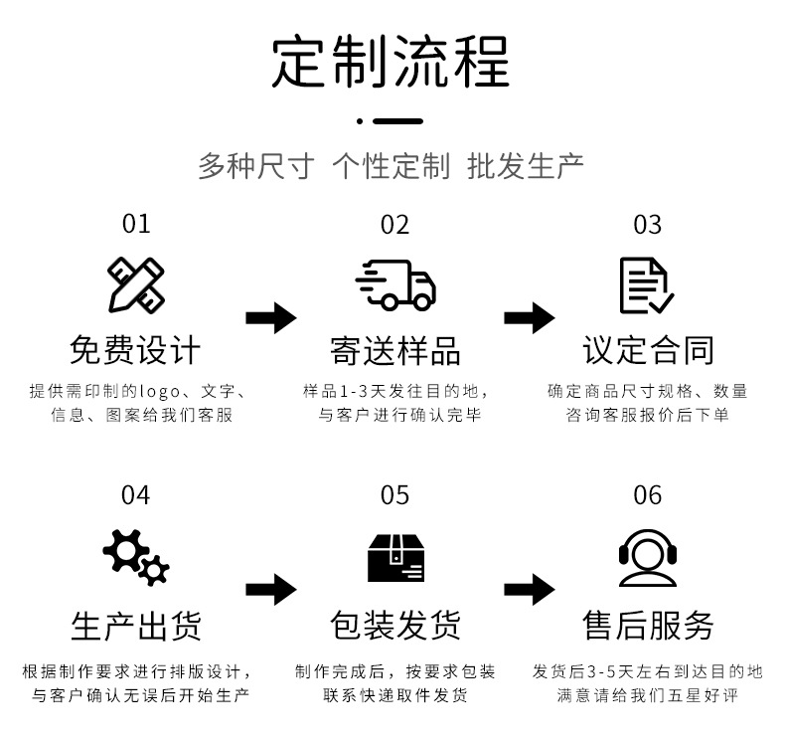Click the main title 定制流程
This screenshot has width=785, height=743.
(392, 63)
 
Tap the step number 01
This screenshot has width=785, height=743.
(136, 224)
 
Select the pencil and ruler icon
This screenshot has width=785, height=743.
(136, 285)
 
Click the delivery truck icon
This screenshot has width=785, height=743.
(394, 285)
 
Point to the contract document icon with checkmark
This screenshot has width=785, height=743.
(646, 285)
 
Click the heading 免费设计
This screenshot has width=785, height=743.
(135, 350)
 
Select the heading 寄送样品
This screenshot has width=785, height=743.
(394, 350)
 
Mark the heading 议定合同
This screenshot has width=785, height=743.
(648, 350)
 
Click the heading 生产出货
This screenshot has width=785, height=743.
(135, 626)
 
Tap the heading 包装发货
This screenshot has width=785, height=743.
(394, 626)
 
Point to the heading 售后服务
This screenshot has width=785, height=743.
(648, 626)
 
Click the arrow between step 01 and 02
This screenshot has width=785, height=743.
(270, 318)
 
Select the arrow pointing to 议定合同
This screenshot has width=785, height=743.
(529, 318)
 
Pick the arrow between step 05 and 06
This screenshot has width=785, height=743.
(529, 589)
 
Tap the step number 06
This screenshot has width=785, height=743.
(647, 495)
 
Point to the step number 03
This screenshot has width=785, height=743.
(647, 224)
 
